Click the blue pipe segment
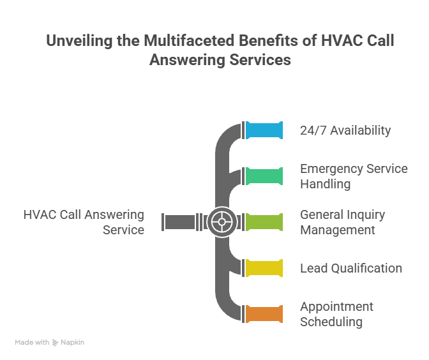coord(264,130)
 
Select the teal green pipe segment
coord(264,176)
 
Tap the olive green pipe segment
coord(264,222)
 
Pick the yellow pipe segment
coord(264,268)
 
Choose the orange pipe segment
coord(264,314)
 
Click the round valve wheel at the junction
coord(222,222)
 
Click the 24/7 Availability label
coord(345,130)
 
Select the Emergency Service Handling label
coord(354,176)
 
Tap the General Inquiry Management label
coord(342,222)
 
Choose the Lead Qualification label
coord(351,268)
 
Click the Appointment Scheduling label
coord(336,314)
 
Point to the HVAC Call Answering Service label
coord(84,222)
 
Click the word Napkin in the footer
coord(73,343)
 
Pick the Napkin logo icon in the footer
coord(56,343)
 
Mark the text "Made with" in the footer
coord(32,343)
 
